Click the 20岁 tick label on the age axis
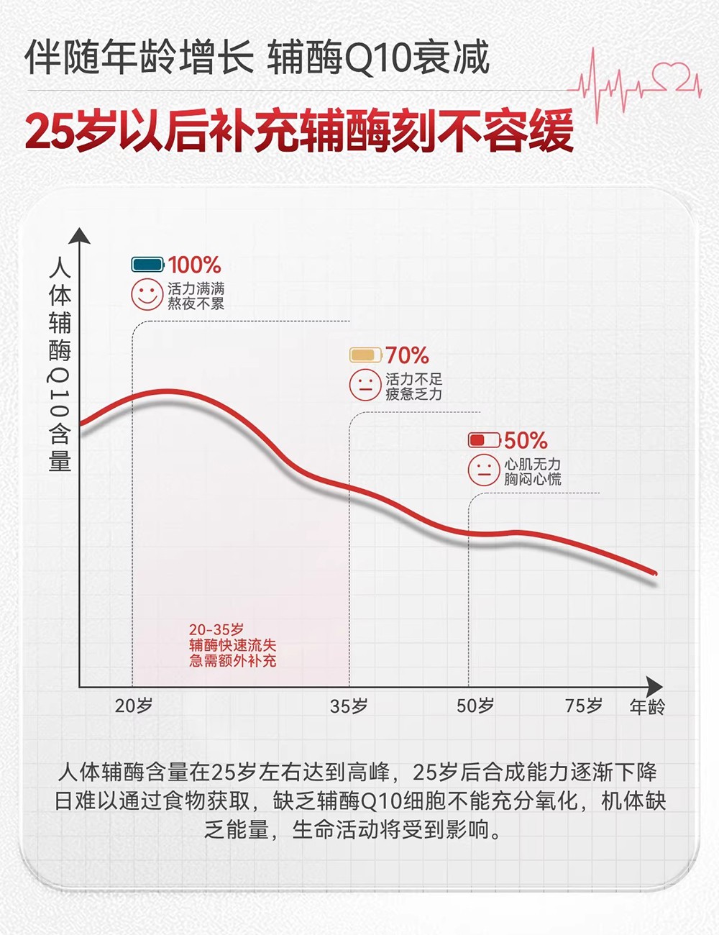(x=134, y=706)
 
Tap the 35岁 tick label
(x=349, y=706)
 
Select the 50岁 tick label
(x=475, y=706)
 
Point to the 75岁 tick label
(x=583, y=706)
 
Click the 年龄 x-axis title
(x=647, y=707)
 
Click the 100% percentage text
(x=194, y=265)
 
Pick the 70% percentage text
(x=407, y=355)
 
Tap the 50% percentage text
(x=526, y=440)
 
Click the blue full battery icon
(x=148, y=265)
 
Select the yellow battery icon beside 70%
(x=365, y=355)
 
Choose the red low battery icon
(x=484, y=439)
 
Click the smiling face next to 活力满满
(x=147, y=295)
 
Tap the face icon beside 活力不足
(x=365, y=386)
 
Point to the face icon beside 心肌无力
(x=484, y=470)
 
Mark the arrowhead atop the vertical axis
(x=80, y=236)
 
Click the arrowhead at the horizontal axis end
(x=654, y=686)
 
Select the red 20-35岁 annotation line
(x=216, y=630)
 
